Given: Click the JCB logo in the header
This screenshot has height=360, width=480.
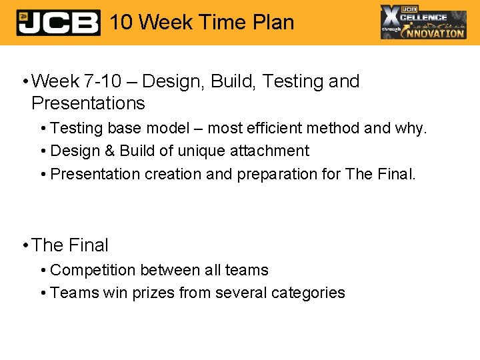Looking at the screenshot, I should pyautogui.click(x=58, y=23).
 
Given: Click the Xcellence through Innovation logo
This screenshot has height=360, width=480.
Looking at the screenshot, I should pyautogui.click(x=423, y=22).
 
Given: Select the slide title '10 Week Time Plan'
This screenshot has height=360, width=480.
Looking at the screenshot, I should pyautogui.click(x=201, y=22).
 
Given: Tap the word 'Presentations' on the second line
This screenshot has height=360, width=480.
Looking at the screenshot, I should pyautogui.click(x=88, y=103).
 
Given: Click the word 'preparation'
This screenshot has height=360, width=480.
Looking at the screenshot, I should pyautogui.click(x=274, y=174).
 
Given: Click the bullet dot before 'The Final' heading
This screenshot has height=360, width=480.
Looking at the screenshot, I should pyautogui.click(x=24, y=246).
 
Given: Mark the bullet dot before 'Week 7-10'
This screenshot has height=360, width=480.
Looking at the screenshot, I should pyautogui.click(x=24, y=82).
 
